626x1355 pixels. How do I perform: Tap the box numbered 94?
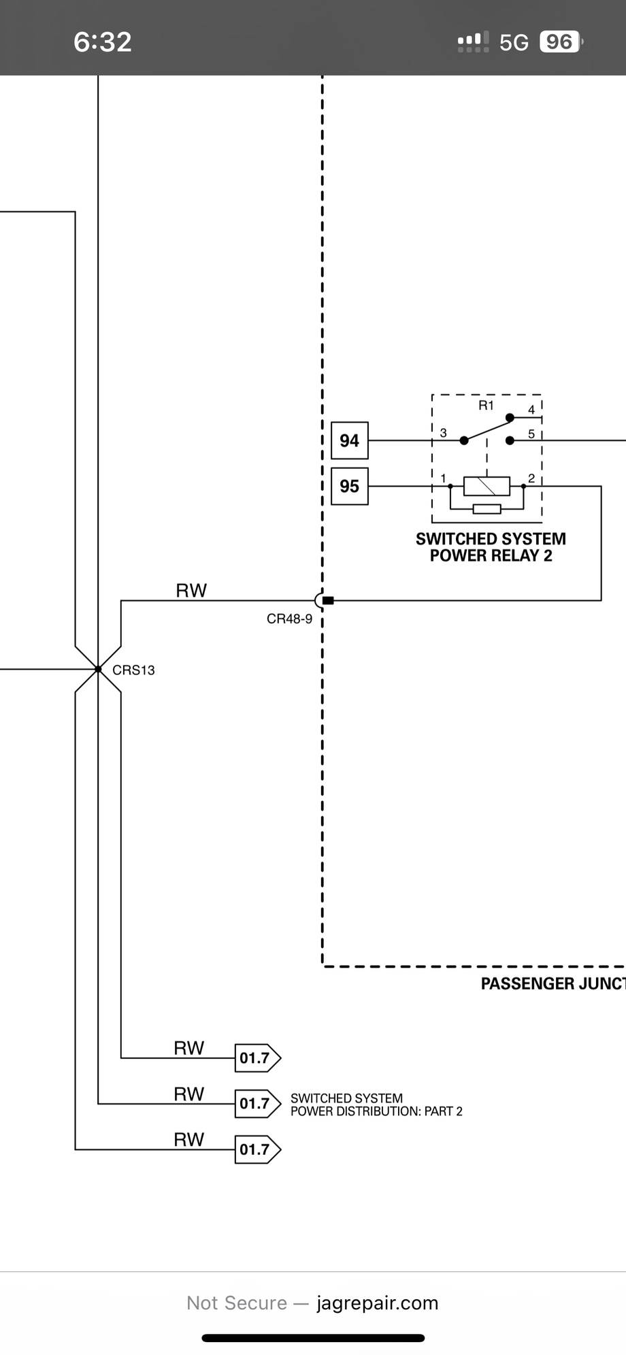pos(349,441)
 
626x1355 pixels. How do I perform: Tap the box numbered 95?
pos(349,486)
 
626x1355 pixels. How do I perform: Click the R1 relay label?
pos(486,406)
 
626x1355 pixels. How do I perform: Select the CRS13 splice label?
pos(133,670)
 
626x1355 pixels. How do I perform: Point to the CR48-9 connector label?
pos(289,619)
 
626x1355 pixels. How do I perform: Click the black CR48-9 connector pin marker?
pos(328,600)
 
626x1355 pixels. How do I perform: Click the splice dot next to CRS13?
pos(98,670)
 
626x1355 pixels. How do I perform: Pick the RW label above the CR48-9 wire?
pos(191,590)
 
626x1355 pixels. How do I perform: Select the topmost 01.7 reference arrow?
pos(257,1058)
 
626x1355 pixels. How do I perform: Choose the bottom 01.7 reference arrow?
pos(257,1149)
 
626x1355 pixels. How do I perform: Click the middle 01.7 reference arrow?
pos(257,1103)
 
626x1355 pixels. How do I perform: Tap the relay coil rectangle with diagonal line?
pos(487,486)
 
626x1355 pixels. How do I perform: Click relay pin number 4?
pos(531,410)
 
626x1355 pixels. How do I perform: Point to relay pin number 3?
pos(444,433)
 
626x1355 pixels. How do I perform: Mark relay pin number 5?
pos(531,434)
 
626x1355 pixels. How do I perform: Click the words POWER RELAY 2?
pos(491,556)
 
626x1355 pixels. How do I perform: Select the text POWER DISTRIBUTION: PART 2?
pos(376,1111)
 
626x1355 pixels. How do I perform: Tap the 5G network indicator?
pos(514,42)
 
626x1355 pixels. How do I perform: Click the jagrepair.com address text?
pos(377,1303)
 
